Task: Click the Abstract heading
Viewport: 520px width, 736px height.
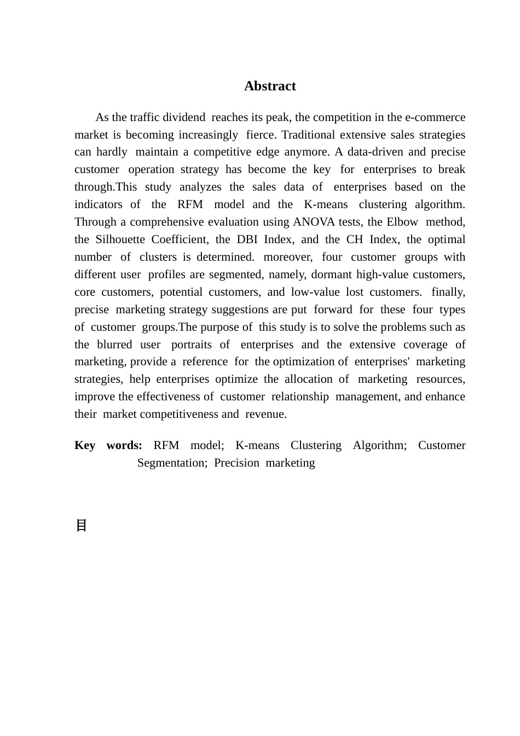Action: click(270, 86)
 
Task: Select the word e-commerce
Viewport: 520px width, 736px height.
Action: click(435, 117)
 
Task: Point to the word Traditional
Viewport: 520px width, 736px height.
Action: click(308, 135)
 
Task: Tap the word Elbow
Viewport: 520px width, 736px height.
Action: click(402, 222)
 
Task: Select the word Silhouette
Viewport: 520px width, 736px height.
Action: click(120, 239)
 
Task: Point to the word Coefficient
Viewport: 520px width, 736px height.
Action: click(180, 239)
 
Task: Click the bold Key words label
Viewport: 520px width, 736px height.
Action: click(108, 445)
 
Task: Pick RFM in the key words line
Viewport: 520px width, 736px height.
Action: click(166, 445)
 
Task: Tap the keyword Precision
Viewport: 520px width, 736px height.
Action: click(236, 463)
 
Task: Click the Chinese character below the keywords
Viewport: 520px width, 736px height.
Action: click(81, 526)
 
